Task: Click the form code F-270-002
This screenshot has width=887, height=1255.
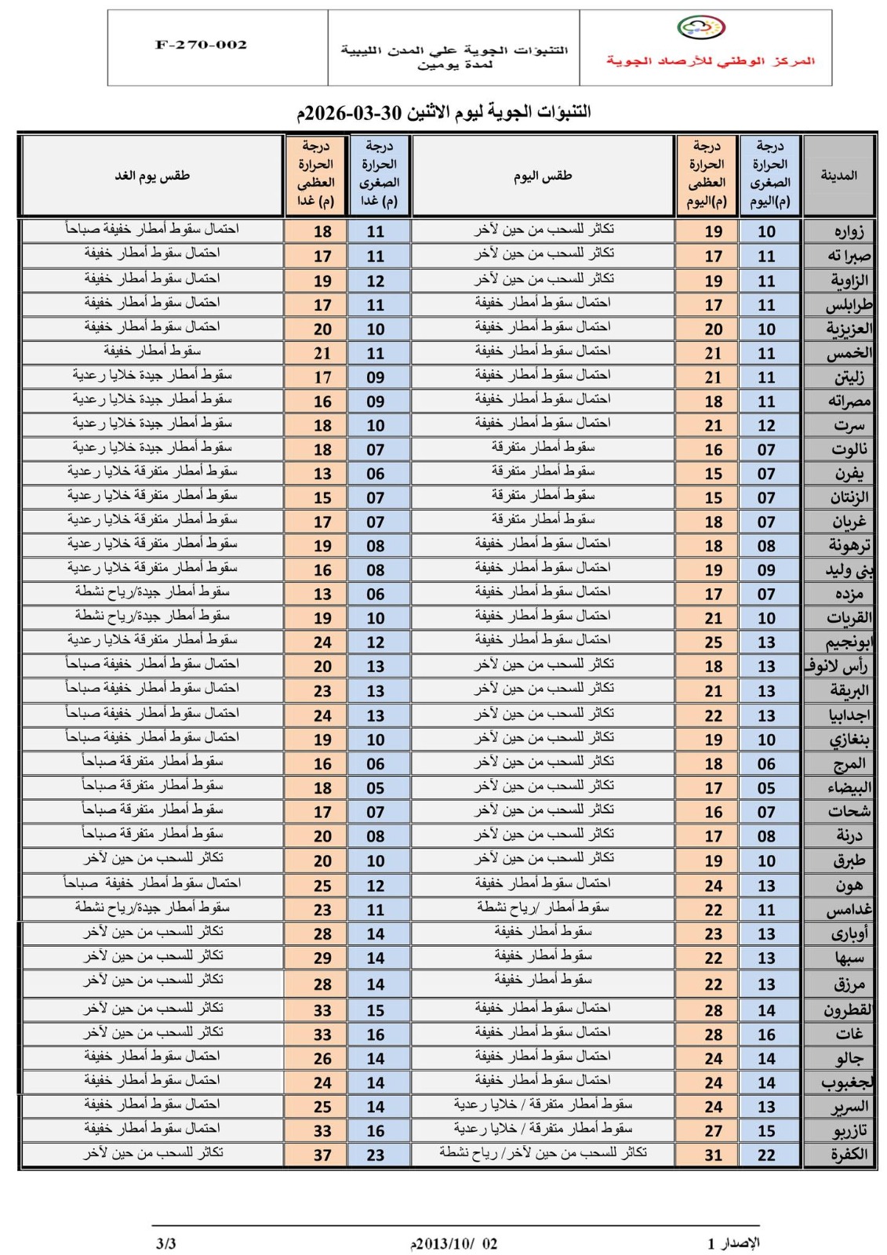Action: tap(202, 45)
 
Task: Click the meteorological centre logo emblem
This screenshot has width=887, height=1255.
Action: tap(701, 28)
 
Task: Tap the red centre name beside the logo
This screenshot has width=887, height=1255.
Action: tap(710, 61)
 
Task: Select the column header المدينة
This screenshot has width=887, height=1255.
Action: tap(838, 176)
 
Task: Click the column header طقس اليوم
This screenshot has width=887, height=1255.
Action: tap(543, 176)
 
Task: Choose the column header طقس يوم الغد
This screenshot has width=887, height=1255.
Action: tap(152, 176)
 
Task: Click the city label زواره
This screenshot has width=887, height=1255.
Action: tap(849, 231)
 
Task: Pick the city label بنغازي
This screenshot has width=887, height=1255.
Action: tap(849, 740)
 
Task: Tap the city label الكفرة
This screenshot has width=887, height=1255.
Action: tap(849, 1155)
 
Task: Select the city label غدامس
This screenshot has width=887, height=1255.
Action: tap(849, 910)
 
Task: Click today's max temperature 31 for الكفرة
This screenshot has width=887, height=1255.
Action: tap(713, 1155)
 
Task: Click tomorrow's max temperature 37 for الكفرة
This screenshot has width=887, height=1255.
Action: tap(322, 1155)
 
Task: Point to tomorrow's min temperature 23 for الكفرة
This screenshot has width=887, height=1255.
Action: tap(376, 1155)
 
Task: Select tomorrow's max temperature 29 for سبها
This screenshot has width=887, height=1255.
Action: tap(322, 958)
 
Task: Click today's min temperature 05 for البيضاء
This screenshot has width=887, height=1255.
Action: tap(766, 788)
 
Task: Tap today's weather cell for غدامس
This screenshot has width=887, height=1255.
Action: tap(543, 908)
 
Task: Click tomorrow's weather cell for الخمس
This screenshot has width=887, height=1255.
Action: tap(152, 351)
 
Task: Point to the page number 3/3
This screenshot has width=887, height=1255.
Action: tap(166, 1243)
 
